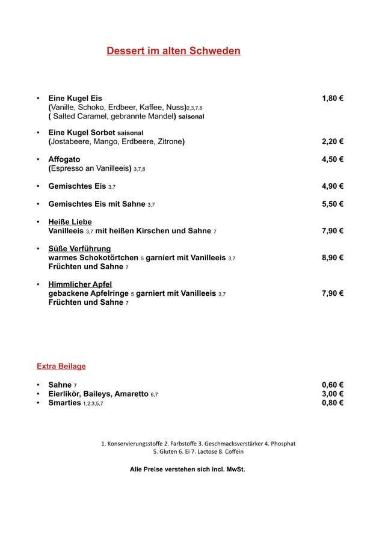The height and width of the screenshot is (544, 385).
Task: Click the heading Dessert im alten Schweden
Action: click(x=173, y=51)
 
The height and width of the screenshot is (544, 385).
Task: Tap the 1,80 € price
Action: click(x=332, y=99)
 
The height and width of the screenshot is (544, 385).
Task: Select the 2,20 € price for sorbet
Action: click(x=332, y=142)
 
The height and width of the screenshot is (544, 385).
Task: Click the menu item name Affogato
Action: click(x=64, y=159)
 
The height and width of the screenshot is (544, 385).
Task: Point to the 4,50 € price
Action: click(x=332, y=159)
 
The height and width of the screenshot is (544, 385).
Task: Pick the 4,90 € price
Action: click(x=332, y=186)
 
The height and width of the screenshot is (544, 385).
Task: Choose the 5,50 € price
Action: click(x=332, y=204)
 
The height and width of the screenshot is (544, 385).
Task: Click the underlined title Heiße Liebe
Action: click(x=70, y=222)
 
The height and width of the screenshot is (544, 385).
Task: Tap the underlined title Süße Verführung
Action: click(x=79, y=248)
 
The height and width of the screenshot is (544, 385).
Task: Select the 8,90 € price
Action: click(x=332, y=257)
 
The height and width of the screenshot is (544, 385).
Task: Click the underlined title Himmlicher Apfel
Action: click(x=80, y=284)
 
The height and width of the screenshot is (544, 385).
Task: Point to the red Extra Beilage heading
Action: click(x=61, y=366)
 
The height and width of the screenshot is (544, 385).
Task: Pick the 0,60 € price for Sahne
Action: click(x=332, y=385)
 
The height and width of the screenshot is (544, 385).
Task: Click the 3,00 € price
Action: click(x=332, y=394)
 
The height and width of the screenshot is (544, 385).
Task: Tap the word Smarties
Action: click(x=64, y=403)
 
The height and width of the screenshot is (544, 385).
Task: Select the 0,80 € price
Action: click(x=332, y=403)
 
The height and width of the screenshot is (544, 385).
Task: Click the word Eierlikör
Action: click(x=64, y=394)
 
